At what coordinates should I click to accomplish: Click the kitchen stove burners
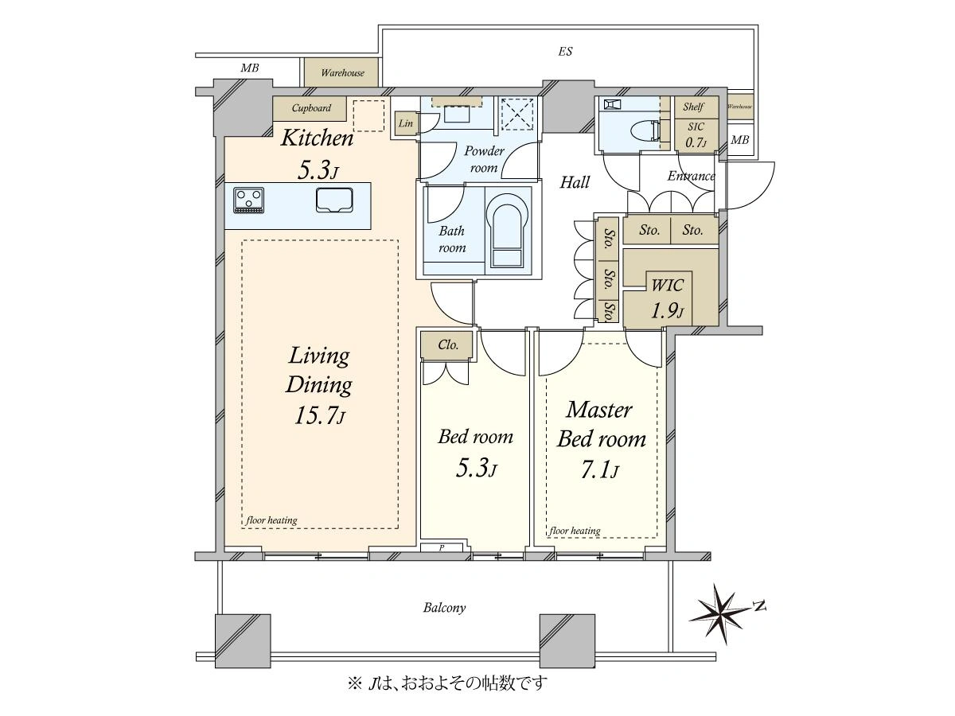[x=248, y=200]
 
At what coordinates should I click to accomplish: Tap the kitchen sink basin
[x=334, y=200]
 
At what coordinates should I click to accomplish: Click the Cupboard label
[x=311, y=108]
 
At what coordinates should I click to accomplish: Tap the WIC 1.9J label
[x=667, y=298]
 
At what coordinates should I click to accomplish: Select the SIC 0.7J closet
[x=696, y=134]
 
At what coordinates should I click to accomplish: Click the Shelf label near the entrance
[x=693, y=107]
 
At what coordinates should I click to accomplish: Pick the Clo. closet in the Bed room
[x=446, y=345]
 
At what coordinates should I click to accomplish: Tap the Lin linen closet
[x=406, y=124]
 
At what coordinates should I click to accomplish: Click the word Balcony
[x=444, y=607]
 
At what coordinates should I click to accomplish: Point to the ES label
[x=565, y=52]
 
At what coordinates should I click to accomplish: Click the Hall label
[x=575, y=182]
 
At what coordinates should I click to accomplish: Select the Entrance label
[x=691, y=176]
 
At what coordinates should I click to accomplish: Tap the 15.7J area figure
[x=320, y=416]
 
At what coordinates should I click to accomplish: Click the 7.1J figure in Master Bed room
[x=600, y=470]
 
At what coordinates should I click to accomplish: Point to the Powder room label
[x=484, y=159]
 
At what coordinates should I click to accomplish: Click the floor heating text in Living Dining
[x=271, y=520]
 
